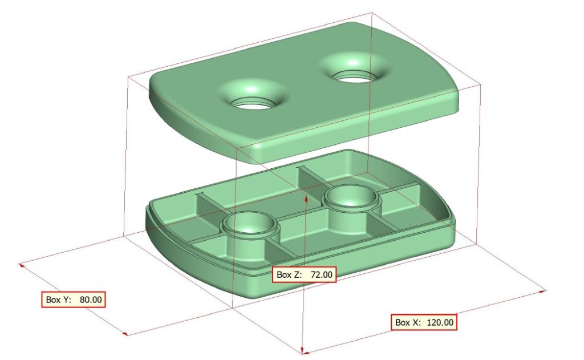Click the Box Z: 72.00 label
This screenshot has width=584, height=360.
pyautogui.click(x=305, y=274)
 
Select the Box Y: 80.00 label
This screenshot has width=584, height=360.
pyautogui.click(x=74, y=300)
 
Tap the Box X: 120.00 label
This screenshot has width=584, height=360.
pyautogui.click(x=424, y=322)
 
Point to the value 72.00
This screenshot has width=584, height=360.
pyautogui.click(x=322, y=274)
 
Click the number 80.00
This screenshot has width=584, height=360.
pyautogui.click(x=91, y=300)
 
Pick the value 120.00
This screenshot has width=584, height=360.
pyautogui.click(x=440, y=322)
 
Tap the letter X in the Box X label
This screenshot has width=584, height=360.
pyautogui.click(x=416, y=322)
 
